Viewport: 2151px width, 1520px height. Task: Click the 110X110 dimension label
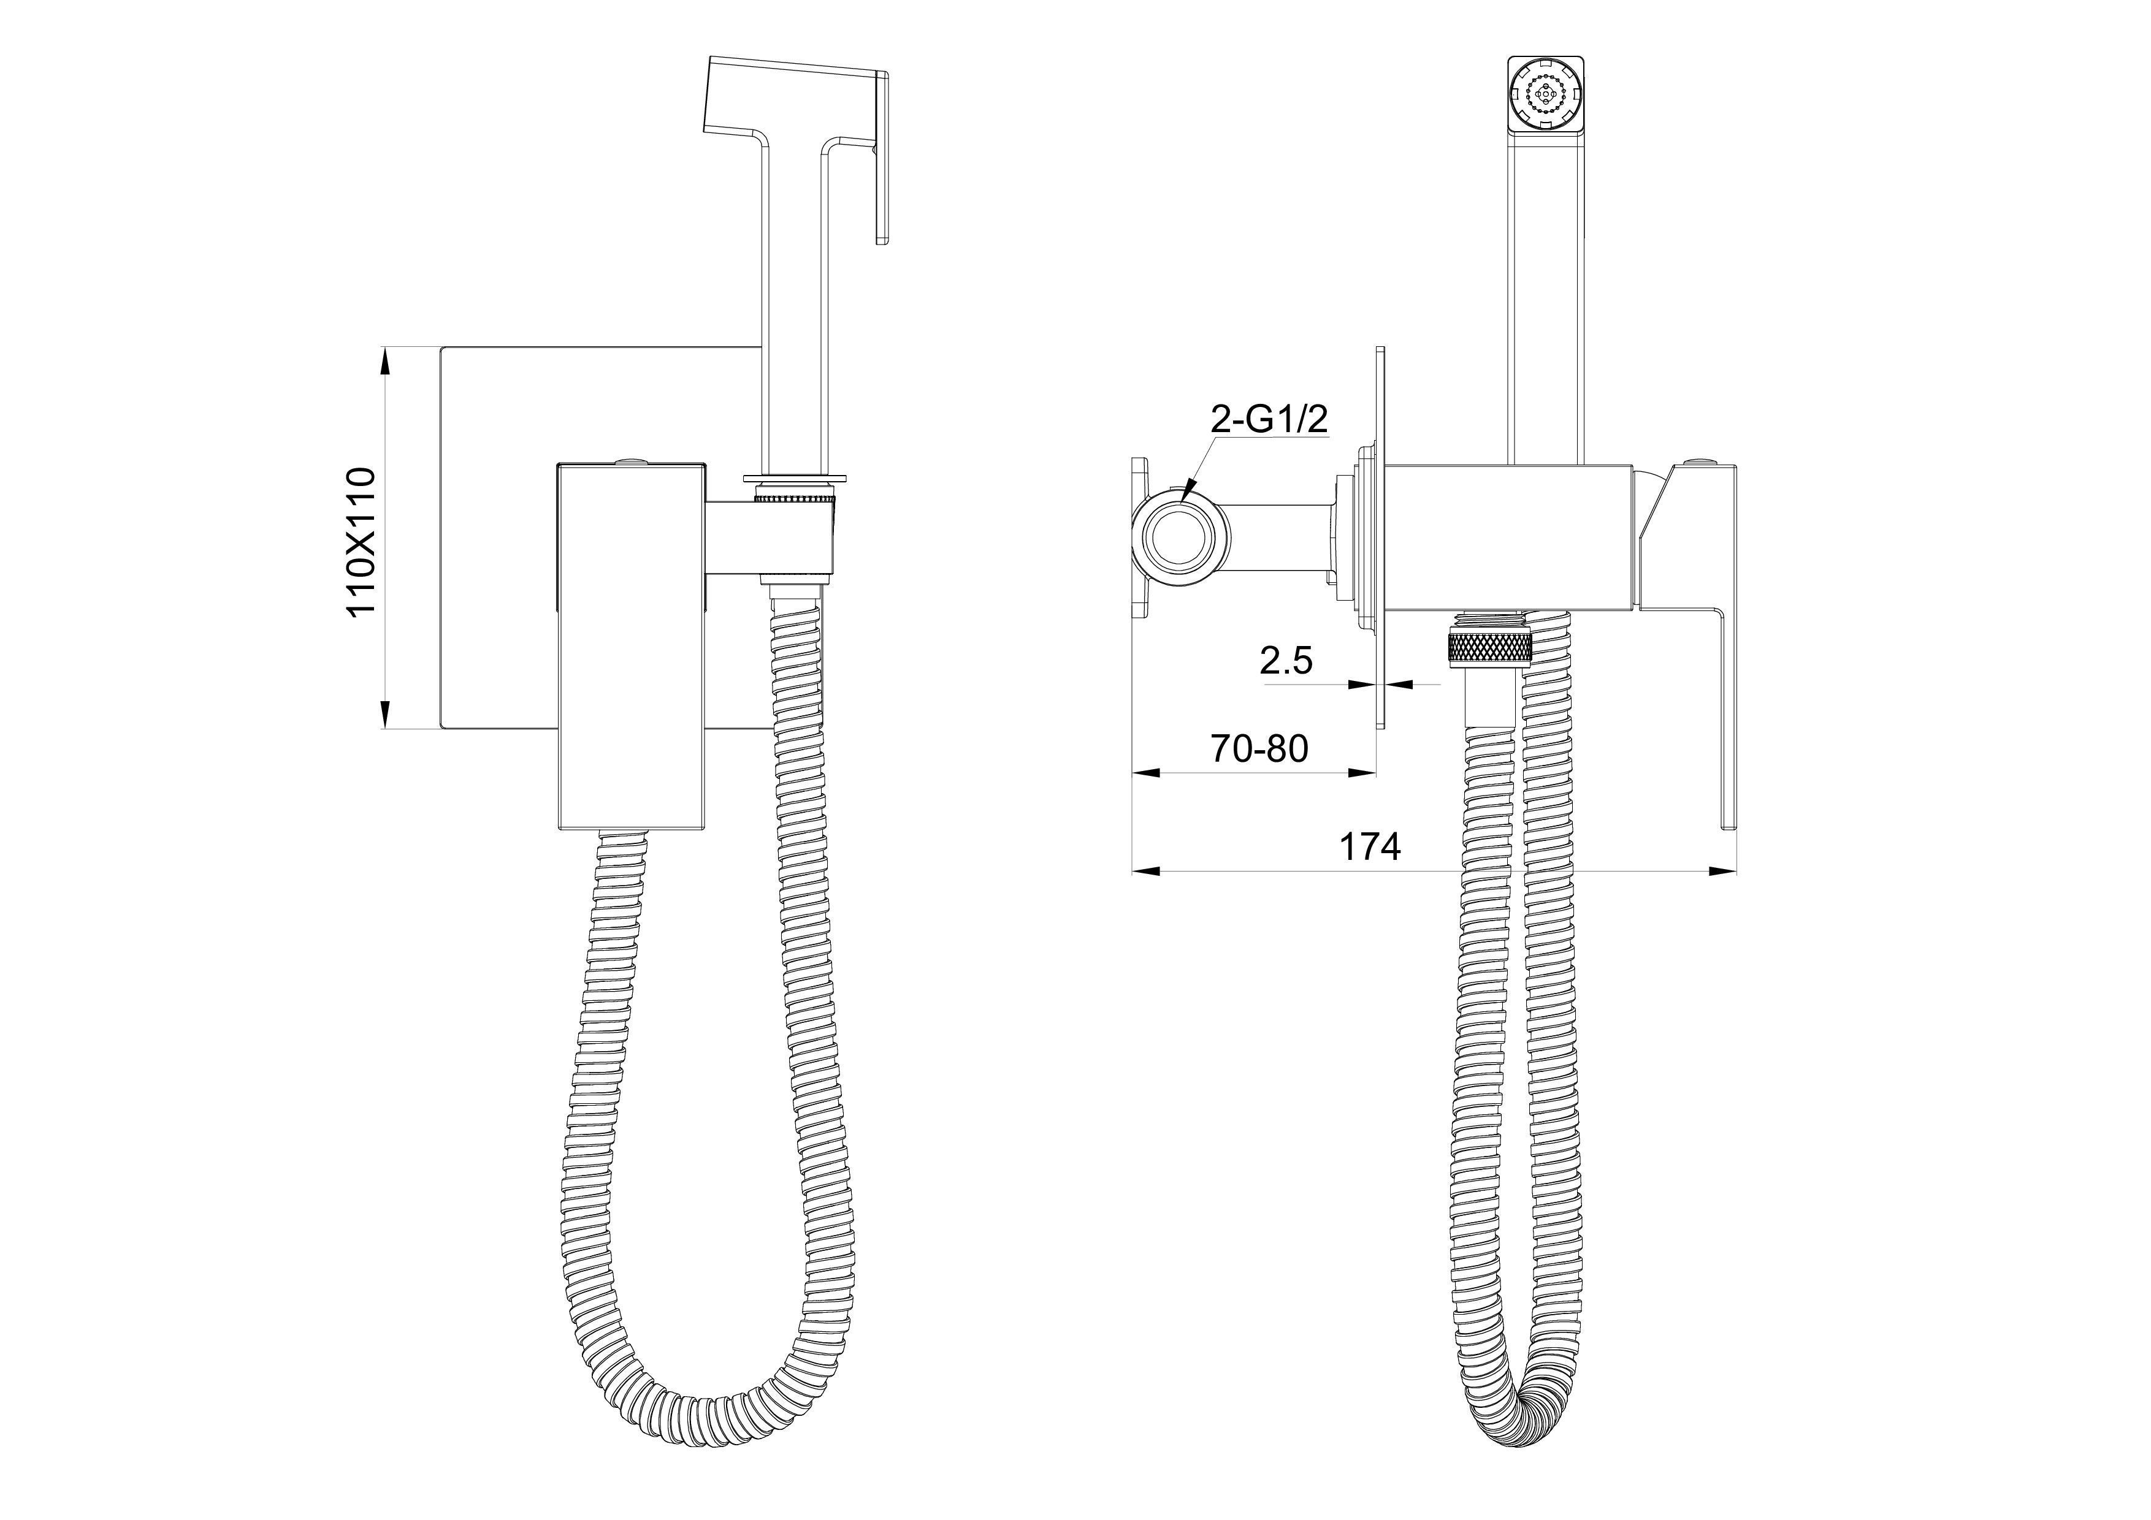(361, 541)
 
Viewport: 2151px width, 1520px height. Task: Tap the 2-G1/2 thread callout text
(1269, 420)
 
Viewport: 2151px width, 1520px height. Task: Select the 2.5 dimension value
(1286, 661)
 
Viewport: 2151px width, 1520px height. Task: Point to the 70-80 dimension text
(1259, 748)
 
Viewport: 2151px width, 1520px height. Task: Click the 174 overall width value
(1370, 846)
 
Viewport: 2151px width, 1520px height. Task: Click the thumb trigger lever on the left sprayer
(881, 159)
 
